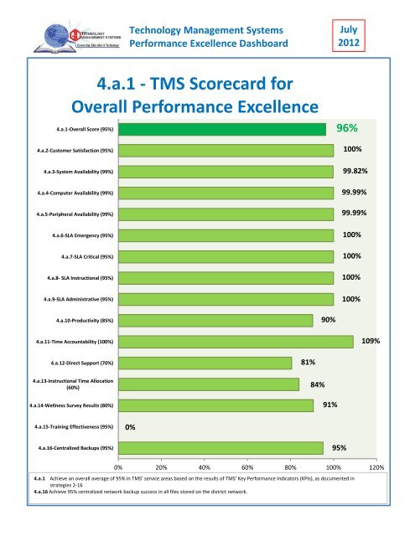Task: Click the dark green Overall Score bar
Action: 221,129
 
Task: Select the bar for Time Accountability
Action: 236,341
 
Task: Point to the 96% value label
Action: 348,129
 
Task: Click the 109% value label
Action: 371,341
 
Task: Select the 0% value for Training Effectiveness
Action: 131,427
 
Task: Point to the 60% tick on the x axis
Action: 247,467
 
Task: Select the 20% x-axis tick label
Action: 161,467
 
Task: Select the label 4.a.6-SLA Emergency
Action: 81,235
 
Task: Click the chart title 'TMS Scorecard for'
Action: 194,84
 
